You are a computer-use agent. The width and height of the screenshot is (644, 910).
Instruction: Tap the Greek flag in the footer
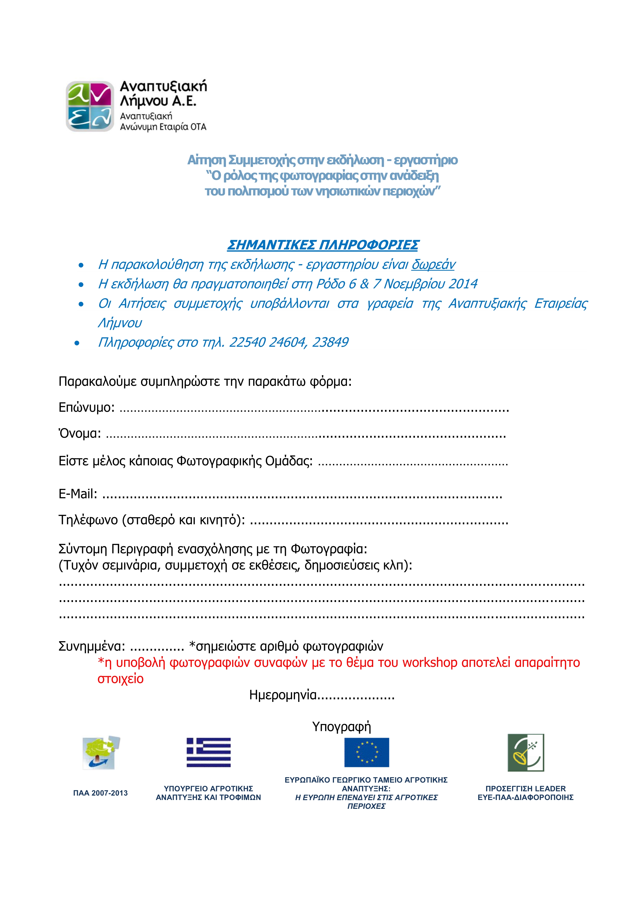pyautogui.click(x=209, y=752)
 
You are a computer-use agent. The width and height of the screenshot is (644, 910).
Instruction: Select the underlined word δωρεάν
pyautogui.click(x=433, y=264)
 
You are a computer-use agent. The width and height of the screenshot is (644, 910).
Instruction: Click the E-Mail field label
pyautogui.click(x=78, y=494)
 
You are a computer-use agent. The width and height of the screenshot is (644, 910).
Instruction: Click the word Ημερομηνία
pyautogui.click(x=283, y=695)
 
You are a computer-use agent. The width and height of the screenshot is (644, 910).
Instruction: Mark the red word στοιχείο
pyautogui.click(x=120, y=679)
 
